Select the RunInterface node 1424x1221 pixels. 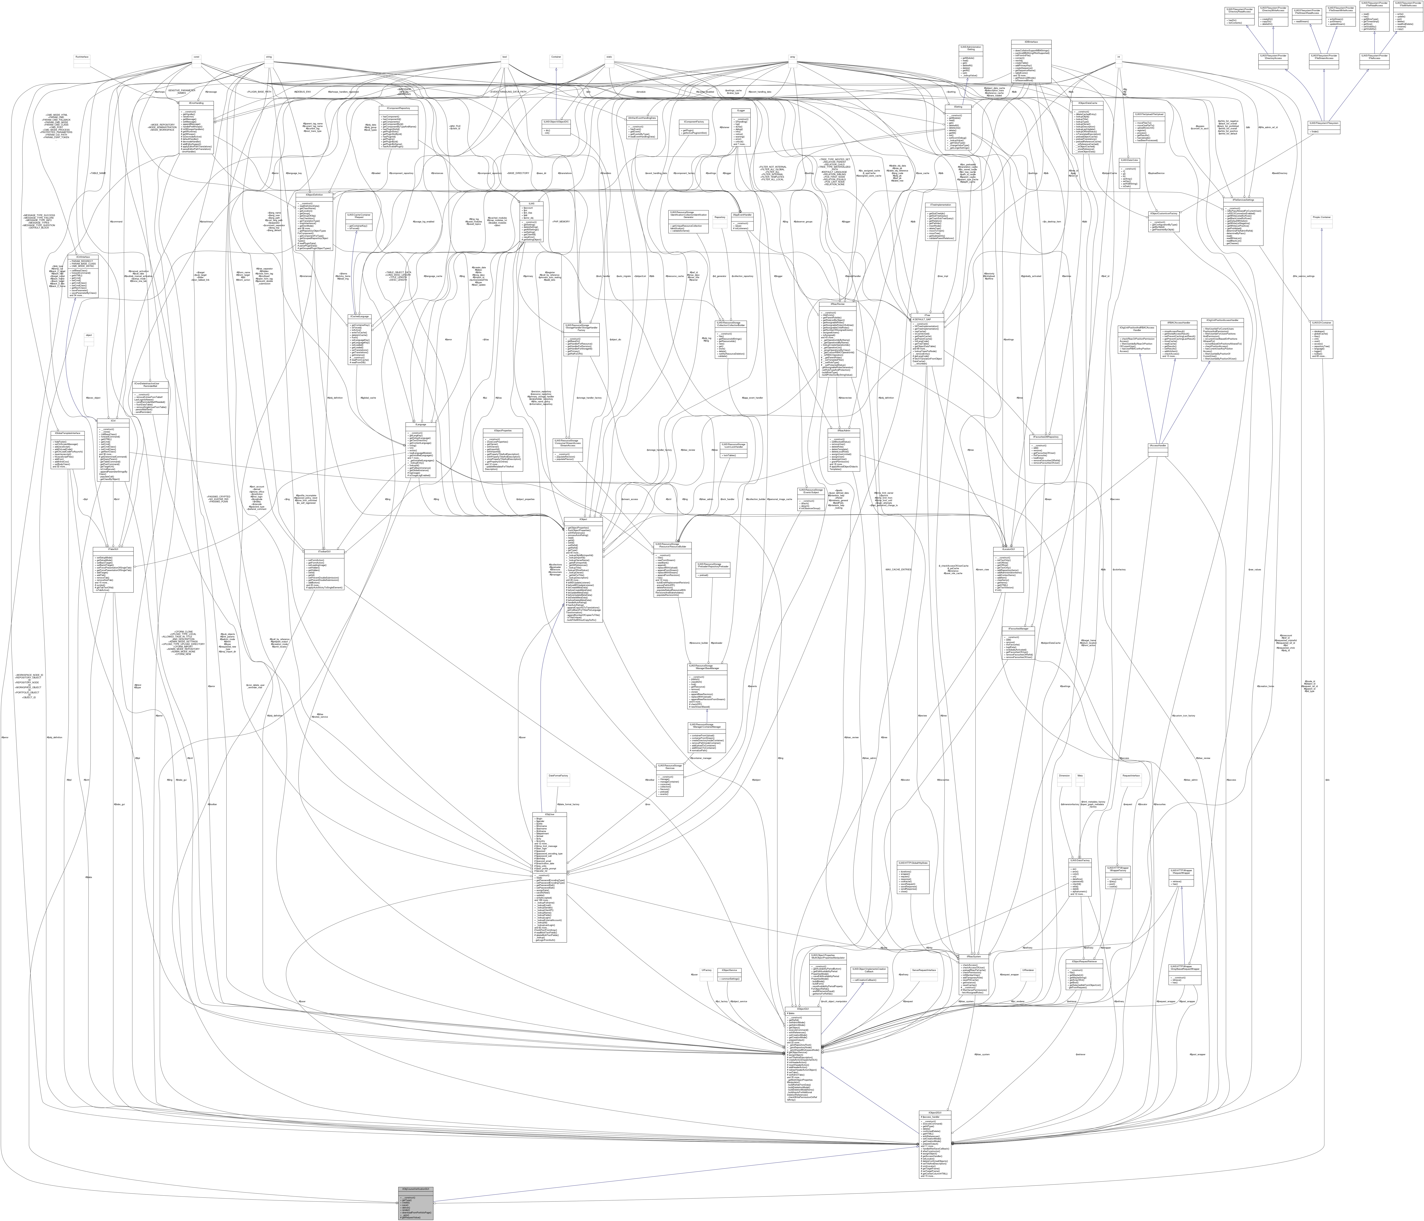(x=83, y=57)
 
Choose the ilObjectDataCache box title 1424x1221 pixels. (x=1087, y=103)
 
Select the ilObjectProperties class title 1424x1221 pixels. (x=503, y=431)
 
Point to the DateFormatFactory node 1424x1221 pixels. (x=558, y=776)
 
